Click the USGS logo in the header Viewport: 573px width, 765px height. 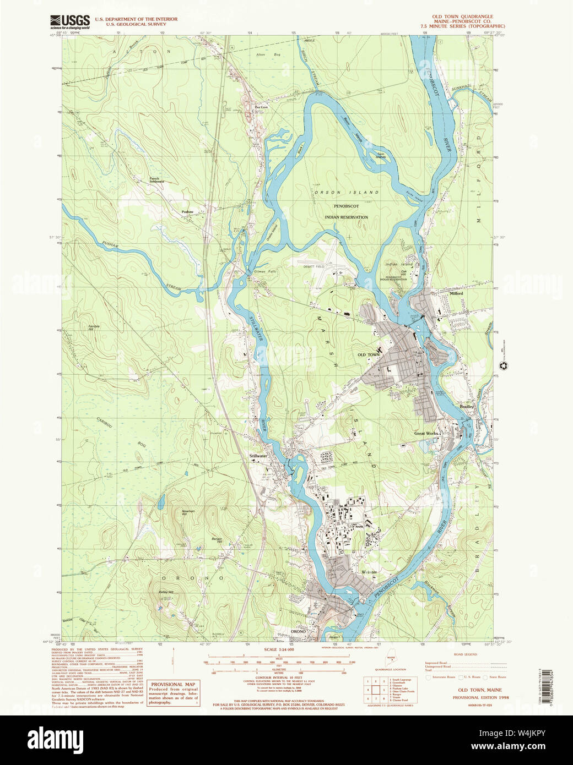69,21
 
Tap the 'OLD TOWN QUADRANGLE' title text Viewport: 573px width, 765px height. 462,17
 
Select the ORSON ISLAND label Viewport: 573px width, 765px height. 347,192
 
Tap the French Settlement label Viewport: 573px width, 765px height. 156,179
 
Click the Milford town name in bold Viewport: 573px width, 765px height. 456,293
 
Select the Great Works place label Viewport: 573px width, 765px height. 426,433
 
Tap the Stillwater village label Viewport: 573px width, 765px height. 258,456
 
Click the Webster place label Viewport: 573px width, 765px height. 369,572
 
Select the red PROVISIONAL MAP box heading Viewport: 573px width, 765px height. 174,685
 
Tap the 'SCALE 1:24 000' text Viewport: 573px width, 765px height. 279,650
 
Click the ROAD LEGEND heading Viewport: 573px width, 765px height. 466,654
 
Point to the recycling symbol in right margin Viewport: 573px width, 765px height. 503,365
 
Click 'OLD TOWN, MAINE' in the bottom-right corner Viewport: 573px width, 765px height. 479,690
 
